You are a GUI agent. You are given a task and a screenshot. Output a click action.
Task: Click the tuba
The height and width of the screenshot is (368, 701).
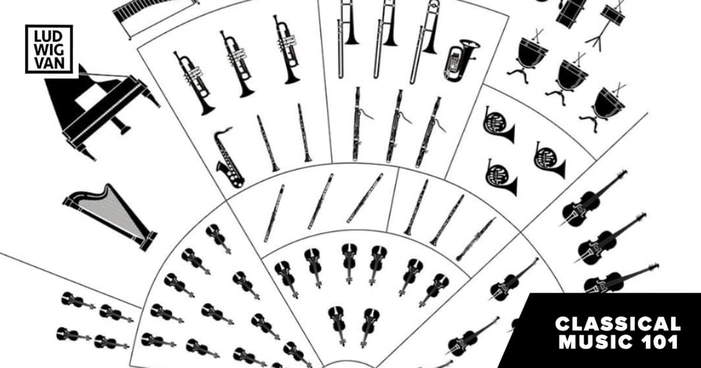tap(460, 60)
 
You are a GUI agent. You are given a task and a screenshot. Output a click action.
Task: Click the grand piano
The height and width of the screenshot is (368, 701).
tap(100, 113)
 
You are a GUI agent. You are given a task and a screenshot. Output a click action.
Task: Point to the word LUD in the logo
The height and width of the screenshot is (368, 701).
tap(49, 37)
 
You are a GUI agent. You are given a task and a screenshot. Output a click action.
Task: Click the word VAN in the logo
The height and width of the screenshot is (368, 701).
tap(49, 64)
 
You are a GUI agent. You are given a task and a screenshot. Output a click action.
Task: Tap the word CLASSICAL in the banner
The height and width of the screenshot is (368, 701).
tap(618, 324)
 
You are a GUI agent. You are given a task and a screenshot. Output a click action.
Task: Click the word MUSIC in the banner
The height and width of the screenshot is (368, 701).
tap(597, 342)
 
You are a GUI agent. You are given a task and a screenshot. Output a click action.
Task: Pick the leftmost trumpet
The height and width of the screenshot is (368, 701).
tap(194, 83)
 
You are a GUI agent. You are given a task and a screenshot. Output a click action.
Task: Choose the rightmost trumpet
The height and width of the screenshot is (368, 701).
tap(286, 48)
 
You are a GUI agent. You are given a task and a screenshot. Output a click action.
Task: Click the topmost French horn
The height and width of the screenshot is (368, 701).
tap(498, 125)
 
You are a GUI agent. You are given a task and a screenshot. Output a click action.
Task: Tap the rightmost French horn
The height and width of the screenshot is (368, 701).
tap(549, 160)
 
